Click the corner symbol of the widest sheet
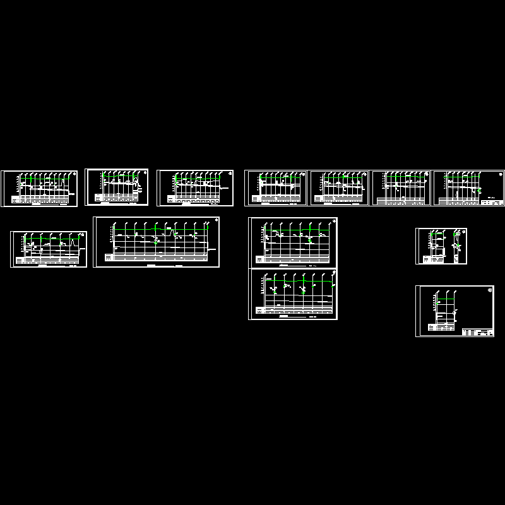pos(217,220)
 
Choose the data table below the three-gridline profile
pos(441,326)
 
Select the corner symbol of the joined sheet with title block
pos(501,174)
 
